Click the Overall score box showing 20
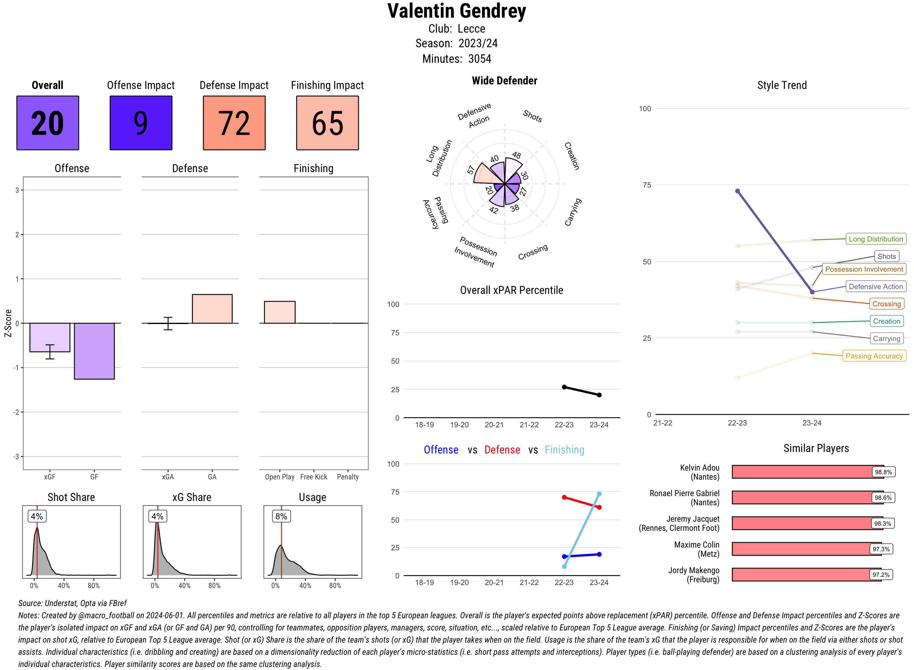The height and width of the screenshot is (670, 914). click(x=48, y=123)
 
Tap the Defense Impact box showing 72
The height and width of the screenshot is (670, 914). click(x=234, y=123)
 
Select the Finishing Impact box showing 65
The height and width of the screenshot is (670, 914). click(x=328, y=123)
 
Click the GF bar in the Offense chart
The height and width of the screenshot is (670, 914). click(x=94, y=351)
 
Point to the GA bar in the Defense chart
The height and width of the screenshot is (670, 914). click(x=212, y=309)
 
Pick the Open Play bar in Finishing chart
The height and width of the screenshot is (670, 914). click(x=279, y=312)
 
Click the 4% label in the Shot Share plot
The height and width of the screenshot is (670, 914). click(x=37, y=516)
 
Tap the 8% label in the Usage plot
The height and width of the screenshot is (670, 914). click(x=281, y=516)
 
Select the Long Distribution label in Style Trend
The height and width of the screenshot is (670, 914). click(x=876, y=239)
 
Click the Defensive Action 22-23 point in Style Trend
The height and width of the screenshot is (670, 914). click(x=738, y=191)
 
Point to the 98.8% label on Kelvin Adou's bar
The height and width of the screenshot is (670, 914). click(x=883, y=472)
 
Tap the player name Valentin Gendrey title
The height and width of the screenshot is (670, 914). click(x=457, y=11)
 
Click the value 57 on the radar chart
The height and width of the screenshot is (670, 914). click(x=471, y=170)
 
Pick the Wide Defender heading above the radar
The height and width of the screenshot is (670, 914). click(x=504, y=80)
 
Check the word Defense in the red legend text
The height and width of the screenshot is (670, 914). click(x=502, y=450)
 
